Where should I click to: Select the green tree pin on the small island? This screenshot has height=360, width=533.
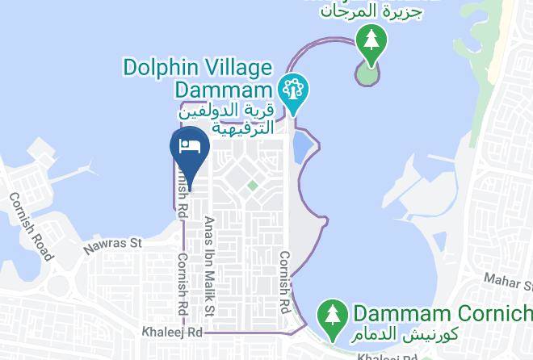tap(371, 40)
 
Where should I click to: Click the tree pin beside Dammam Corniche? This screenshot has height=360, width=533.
tap(332, 313)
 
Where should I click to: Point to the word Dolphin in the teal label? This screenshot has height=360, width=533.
tap(161, 66)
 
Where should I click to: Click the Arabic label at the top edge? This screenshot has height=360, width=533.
tap(371, 11)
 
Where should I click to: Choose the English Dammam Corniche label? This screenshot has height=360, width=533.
tap(441, 312)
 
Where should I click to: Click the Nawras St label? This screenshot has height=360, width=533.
tap(113, 242)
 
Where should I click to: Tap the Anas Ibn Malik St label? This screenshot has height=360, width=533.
tap(210, 266)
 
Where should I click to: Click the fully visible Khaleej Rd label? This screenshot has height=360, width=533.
tap(171, 331)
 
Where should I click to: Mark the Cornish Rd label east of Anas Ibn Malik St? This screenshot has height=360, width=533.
tap(283, 282)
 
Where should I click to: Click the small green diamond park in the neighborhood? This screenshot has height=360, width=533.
tap(252, 186)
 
